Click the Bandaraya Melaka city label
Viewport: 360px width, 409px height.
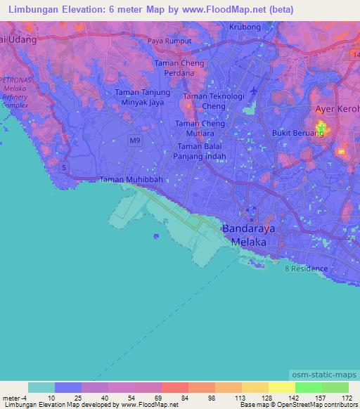[245, 235]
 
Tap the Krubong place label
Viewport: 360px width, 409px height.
[245, 27]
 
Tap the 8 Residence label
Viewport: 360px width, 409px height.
[306, 268]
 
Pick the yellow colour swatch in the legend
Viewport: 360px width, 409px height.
[281, 387]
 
